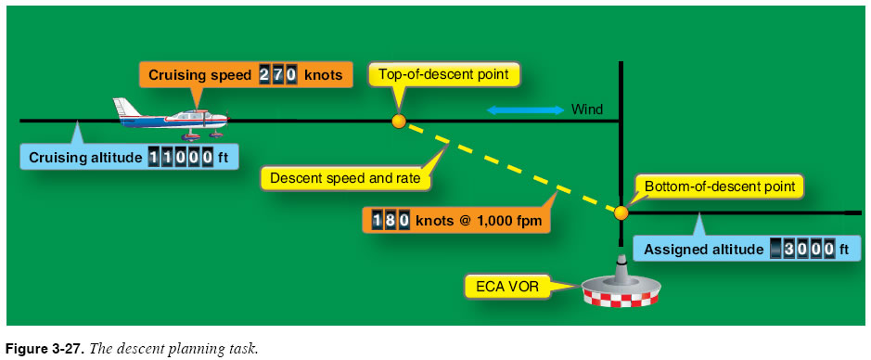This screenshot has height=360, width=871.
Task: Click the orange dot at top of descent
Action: (x=399, y=121)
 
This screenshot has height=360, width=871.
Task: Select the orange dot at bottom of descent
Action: (x=621, y=212)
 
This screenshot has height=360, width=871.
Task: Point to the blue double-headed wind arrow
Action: (x=526, y=110)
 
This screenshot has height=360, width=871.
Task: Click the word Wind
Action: (x=587, y=109)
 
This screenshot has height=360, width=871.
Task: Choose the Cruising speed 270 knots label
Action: (x=245, y=75)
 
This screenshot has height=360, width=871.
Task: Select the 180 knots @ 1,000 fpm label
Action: (x=455, y=221)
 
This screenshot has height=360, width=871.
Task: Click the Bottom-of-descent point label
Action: (x=715, y=186)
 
